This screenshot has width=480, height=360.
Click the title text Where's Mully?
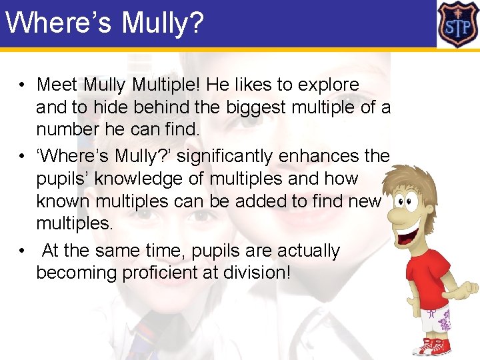coord(104,23)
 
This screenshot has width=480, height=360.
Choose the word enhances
coord(331,157)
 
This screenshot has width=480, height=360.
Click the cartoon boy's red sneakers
coord(431,346)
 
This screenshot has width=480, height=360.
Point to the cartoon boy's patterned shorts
coord(436,320)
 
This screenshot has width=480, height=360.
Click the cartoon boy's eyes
coord(403,200)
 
